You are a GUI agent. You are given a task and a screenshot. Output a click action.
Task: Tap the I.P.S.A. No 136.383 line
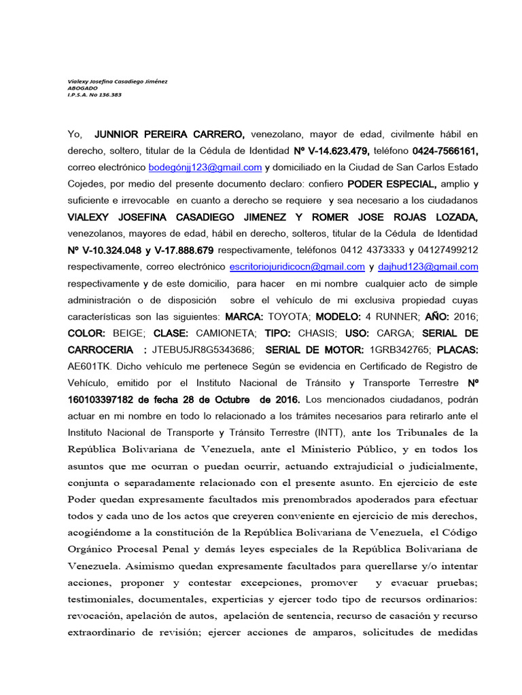[x=94, y=95]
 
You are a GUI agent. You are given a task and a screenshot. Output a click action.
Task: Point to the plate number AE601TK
[x=89, y=367]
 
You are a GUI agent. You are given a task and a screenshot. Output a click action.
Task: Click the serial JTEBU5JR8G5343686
[x=204, y=350]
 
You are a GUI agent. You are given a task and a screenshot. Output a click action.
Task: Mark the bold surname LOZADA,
[x=453, y=217]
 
